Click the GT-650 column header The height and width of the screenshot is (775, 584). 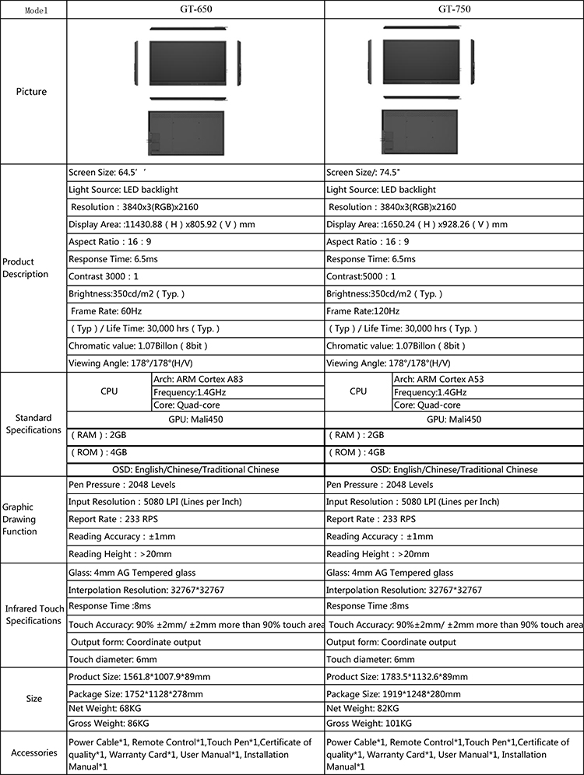[195, 9]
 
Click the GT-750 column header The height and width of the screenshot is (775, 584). [454, 9]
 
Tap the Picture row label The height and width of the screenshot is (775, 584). [32, 91]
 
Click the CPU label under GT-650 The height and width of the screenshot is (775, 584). [109, 391]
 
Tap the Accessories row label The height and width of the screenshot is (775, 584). [33, 752]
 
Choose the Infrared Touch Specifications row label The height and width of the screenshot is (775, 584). [33, 615]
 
